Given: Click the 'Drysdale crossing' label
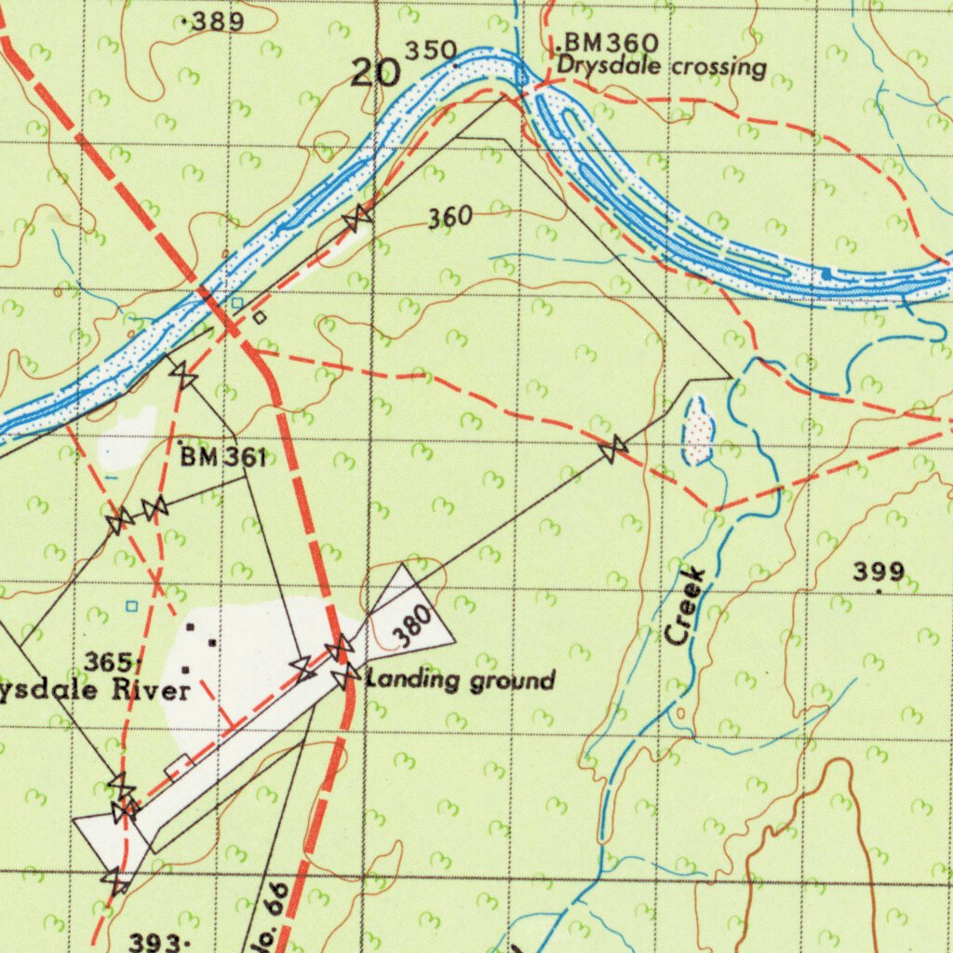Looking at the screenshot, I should [662, 67].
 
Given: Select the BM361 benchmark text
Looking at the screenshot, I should [223, 457].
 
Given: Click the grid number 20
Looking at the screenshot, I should [375, 73].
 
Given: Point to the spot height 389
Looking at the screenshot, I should [216, 22].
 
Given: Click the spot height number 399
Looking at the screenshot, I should [879, 571].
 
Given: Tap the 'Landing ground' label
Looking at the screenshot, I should [462, 680].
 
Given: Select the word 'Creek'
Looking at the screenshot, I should [686, 606].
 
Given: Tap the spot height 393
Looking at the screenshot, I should [154, 943].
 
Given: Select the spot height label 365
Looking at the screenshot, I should [110, 662].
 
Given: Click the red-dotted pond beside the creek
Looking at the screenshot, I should [698, 429].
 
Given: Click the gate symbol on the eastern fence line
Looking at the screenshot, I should [612, 451].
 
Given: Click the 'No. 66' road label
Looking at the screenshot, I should [268, 921].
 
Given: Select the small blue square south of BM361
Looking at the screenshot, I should [131, 606].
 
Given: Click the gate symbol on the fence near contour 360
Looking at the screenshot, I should [357, 217].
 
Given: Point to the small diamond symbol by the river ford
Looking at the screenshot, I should [260, 317].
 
